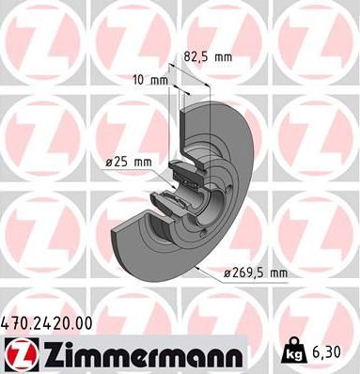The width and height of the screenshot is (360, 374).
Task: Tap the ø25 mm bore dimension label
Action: (129, 162)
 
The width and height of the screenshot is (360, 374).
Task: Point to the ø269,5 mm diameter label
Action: (255, 273)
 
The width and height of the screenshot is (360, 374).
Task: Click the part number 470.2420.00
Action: (47, 322)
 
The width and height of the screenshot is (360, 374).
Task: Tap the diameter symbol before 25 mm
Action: (110, 162)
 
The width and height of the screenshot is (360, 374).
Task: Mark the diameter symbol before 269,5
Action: (227, 273)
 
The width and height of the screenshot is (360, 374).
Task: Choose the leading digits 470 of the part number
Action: (17, 322)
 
